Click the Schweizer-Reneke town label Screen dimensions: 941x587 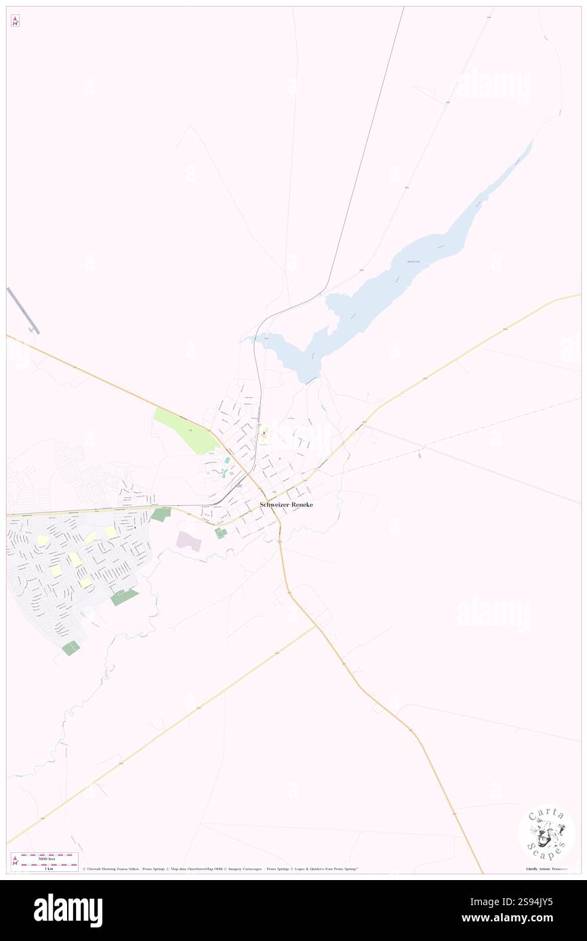[x=287, y=505]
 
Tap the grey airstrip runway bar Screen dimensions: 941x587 [x=22, y=310]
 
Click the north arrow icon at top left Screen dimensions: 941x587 [x=15, y=21]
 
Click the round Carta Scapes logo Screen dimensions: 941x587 [x=546, y=834]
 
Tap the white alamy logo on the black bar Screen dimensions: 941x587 [x=68, y=910]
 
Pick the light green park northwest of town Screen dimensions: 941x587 [x=184, y=431]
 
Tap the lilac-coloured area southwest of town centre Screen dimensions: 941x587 [x=189, y=541]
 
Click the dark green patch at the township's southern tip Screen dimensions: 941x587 [x=70, y=648]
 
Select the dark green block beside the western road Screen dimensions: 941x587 [x=161, y=515]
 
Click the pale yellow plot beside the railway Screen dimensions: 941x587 [x=264, y=433]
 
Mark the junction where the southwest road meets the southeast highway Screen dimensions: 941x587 [x=315, y=626]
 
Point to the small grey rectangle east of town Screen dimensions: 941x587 [x=420, y=455]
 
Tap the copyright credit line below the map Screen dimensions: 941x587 [x=220, y=869]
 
